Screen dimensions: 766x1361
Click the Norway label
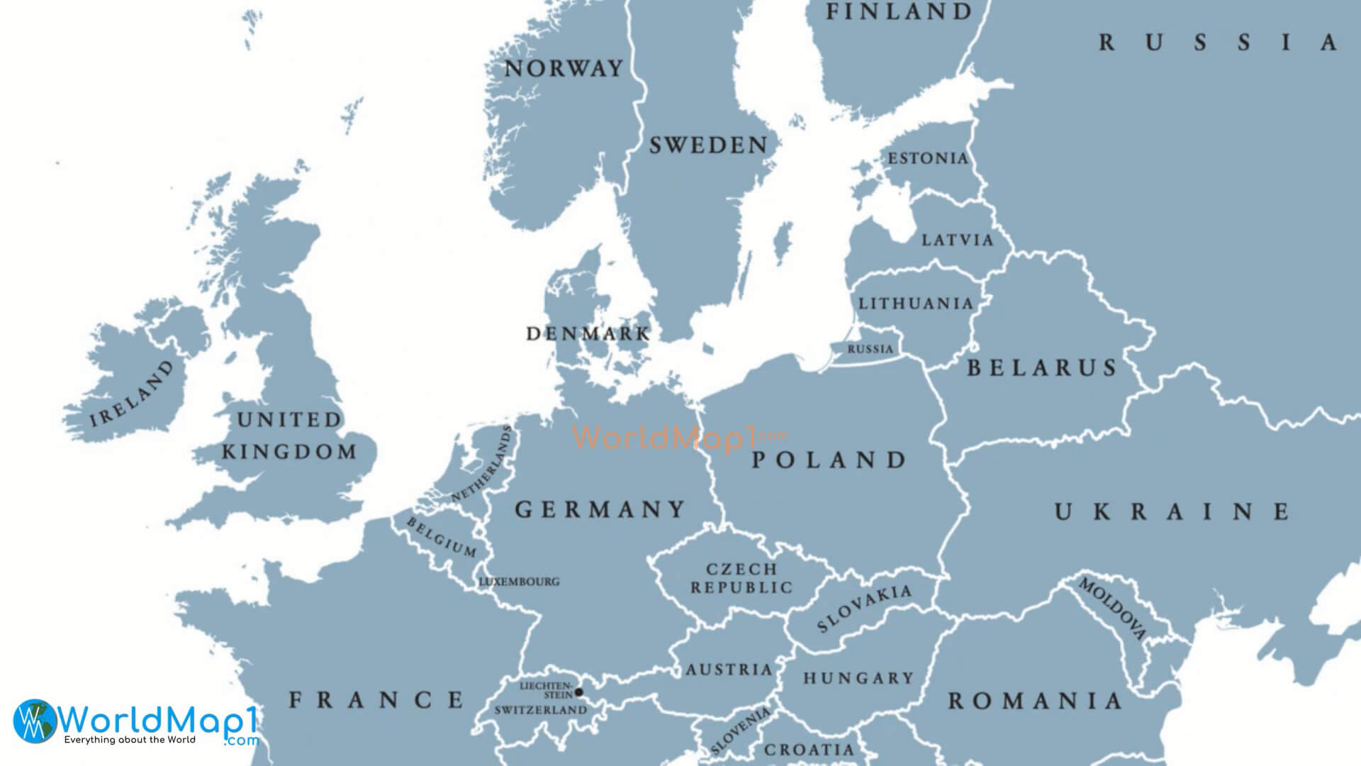click(x=564, y=69)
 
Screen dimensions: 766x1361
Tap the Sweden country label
click(x=708, y=145)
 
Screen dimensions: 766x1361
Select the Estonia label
click(x=928, y=158)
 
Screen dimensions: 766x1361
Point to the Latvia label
click(x=958, y=240)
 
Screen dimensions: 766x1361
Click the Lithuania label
click(x=916, y=304)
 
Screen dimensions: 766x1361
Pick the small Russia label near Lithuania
click(x=870, y=349)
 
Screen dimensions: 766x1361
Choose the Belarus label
click(x=1042, y=367)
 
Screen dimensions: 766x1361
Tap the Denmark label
click(x=588, y=333)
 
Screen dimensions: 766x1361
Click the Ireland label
click(x=132, y=394)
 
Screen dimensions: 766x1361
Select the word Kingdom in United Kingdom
click(x=289, y=452)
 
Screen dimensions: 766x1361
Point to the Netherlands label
click(x=482, y=465)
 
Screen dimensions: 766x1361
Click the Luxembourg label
click(x=520, y=582)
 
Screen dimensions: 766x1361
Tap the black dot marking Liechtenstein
click(x=578, y=692)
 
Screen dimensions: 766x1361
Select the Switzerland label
click(x=540, y=710)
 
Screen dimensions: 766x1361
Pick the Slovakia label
click(x=864, y=609)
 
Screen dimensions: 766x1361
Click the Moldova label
click(x=1112, y=609)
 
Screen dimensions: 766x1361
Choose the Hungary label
click(x=858, y=679)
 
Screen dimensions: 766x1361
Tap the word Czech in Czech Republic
click(x=741, y=569)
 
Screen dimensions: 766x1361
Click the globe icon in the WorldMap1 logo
click(x=34, y=720)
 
